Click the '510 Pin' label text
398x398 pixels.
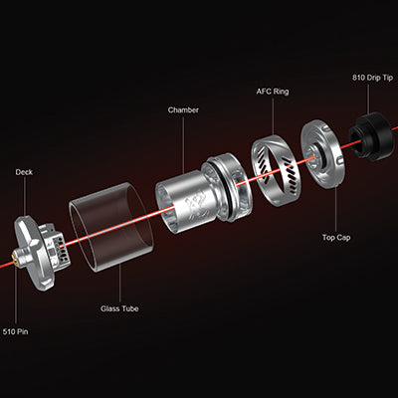click(x=15, y=331)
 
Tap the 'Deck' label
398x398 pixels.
click(x=24, y=172)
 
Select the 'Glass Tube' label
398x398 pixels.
click(x=119, y=308)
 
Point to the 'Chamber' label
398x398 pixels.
click(x=183, y=109)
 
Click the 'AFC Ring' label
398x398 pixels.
click(x=273, y=92)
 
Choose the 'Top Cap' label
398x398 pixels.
click(x=336, y=238)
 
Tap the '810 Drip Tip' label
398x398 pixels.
click(x=372, y=78)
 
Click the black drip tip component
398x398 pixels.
click(x=367, y=136)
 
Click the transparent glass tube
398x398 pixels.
click(x=111, y=227)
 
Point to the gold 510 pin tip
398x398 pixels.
click(x=14, y=259)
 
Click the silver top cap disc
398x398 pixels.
click(x=321, y=154)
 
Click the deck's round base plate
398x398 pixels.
click(x=33, y=253)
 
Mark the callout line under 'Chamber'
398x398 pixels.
click(x=183, y=144)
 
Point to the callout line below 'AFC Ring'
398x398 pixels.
click(x=273, y=116)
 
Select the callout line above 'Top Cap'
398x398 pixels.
click(x=335, y=209)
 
